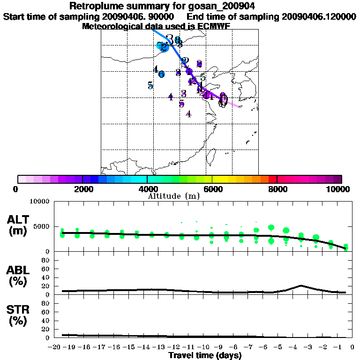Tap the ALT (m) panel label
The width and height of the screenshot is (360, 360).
[x=18, y=225]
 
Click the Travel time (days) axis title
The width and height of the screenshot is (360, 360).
[x=205, y=355]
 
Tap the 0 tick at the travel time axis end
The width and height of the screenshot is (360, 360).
[x=353, y=347]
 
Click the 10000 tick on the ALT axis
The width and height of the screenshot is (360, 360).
[x=39, y=202]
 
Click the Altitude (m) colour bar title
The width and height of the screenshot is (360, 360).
[x=173, y=196]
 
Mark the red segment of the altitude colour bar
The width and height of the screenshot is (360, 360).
[x=273, y=179]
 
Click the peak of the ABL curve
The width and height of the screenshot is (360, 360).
[x=301, y=285]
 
